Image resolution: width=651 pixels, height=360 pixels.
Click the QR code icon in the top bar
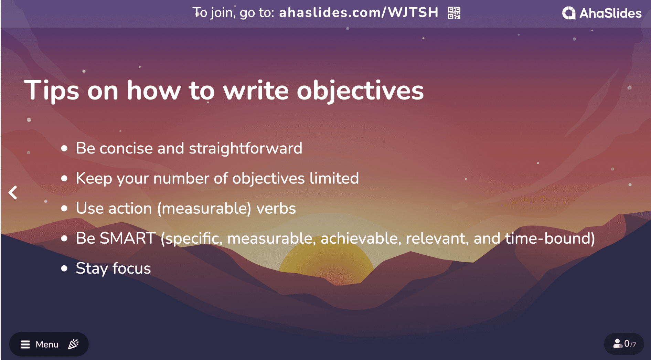454,13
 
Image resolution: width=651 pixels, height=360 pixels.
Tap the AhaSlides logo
602,13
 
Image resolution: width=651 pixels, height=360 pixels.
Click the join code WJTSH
413,12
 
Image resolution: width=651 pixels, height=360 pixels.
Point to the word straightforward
246,148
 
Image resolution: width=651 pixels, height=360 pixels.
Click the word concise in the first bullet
126,148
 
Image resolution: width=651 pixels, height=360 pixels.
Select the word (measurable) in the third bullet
204,209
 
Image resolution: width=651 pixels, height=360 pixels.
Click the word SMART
127,238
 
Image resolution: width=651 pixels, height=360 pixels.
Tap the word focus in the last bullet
131,268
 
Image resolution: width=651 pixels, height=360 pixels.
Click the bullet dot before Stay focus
64,268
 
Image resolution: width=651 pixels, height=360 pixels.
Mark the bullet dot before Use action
64,208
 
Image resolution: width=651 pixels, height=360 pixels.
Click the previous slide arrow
13,193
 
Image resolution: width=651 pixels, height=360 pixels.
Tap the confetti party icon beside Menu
73,344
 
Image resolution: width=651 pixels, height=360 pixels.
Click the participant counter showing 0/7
624,343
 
